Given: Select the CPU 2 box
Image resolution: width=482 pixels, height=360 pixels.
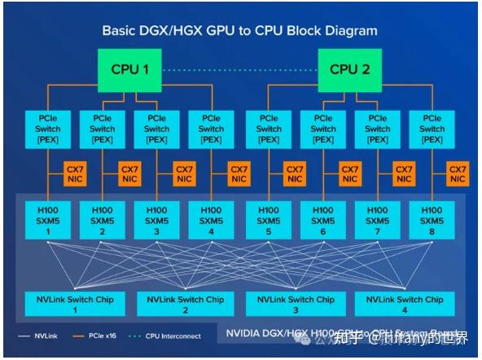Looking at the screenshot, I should pos(349,69).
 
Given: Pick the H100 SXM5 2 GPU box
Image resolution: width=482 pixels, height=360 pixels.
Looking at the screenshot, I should pos(103,221).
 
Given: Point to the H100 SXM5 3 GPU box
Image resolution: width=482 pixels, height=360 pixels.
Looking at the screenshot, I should pos(157,221).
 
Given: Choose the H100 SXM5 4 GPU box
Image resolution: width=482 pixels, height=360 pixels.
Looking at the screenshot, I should pos(211,221).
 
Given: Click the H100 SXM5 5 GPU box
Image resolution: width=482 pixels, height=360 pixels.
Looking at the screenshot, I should pos(268,221).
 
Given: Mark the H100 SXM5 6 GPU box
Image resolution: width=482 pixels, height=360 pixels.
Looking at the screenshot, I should pos(322,221).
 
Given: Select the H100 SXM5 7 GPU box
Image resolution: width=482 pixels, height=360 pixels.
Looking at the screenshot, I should pos(377,221).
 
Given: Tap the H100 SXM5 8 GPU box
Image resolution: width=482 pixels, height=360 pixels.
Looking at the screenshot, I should pos(432,221).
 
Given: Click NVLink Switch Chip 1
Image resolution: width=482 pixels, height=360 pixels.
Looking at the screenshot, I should pos(76,305).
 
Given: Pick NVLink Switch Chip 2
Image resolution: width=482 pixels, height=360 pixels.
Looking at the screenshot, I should pos(186,305).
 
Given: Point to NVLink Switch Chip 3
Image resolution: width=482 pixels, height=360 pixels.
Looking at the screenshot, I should pos(296,305).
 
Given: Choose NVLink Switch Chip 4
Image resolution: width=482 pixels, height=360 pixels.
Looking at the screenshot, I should pos(405,305).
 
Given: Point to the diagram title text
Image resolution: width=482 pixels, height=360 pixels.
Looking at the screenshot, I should pos(239,31).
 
